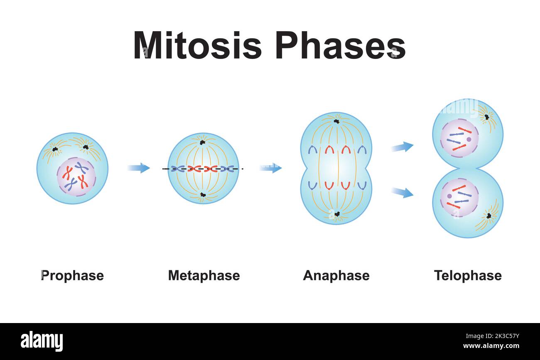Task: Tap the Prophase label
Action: point(72,275)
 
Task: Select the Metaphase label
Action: point(204,275)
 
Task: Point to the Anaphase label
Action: point(336,275)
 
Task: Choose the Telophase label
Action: point(468,275)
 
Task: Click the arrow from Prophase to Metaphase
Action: point(139,168)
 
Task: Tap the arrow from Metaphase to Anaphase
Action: point(270,168)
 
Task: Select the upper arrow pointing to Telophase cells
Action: point(402,147)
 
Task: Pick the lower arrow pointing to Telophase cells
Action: point(402,192)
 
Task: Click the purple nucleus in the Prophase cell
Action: point(76,176)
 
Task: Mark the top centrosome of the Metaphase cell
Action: point(202,142)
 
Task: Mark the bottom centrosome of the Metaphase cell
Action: point(203,194)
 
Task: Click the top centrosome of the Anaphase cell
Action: point(336,121)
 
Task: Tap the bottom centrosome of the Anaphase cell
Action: point(337,214)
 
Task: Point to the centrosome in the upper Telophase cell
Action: point(486,117)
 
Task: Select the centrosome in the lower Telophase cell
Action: point(489,216)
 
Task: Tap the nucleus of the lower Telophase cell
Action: point(459,198)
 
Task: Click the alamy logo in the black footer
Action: point(42,341)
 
